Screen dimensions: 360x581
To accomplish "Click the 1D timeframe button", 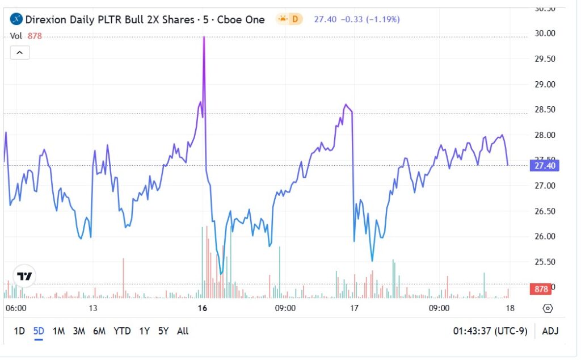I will [19, 331].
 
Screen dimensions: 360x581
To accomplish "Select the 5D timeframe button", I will [39, 331].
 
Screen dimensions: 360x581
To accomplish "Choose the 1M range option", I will [58, 331].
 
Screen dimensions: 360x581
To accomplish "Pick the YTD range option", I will [122, 331].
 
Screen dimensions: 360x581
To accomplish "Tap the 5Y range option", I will [163, 331].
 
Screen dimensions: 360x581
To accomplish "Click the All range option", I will [183, 331].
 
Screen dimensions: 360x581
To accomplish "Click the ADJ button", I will [550, 331].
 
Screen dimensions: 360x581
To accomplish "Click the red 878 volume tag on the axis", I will [541, 289].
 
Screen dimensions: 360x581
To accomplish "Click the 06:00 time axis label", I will [16, 308].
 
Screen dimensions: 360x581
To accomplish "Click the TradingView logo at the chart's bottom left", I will [24, 277].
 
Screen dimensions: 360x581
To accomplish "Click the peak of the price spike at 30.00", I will [204, 37].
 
